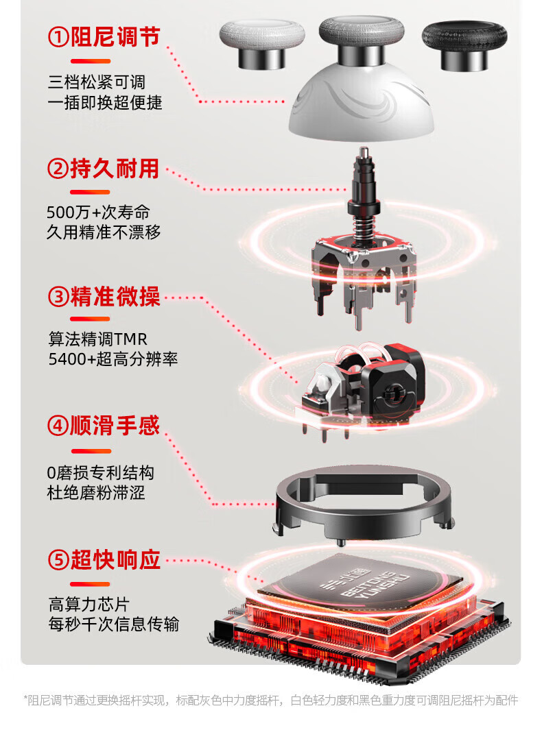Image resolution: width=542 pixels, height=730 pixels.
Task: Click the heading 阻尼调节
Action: [115, 37]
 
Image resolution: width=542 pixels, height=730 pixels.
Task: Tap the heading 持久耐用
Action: [115, 169]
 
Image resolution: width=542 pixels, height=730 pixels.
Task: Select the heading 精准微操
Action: [115, 297]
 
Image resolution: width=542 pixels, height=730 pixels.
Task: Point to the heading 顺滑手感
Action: [115, 426]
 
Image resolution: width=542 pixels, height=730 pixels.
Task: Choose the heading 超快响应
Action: [115, 559]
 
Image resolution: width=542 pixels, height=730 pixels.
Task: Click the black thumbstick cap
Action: [464, 45]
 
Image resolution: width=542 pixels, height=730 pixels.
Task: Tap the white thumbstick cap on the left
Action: [262, 42]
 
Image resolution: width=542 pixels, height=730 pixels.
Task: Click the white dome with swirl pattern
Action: [362, 107]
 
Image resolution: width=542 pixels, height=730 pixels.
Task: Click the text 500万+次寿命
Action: [98, 212]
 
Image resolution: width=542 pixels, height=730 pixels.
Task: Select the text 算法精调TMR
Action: [98, 339]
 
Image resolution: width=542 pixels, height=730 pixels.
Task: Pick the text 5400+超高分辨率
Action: [113, 359]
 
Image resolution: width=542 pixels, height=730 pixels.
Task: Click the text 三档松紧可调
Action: [97, 82]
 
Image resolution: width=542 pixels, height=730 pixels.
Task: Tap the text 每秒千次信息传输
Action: [114, 624]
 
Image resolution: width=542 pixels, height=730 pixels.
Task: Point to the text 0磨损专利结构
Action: [101, 472]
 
